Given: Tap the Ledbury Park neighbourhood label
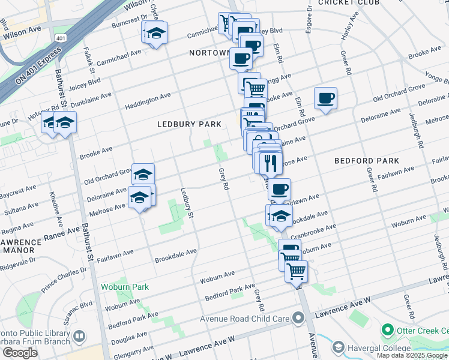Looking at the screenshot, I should [x=189, y=124].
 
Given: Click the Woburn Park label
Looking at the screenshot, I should [x=124, y=287].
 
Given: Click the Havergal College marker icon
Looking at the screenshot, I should [x=338, y=347].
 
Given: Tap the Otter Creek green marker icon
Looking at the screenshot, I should [x=387, y=330].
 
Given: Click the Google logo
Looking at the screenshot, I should [x=20, y=353].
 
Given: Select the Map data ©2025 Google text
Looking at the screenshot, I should [x=412, y=355].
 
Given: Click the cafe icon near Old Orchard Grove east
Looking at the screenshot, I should [x=325, y=97].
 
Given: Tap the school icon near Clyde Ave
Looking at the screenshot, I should [x=156, y=32].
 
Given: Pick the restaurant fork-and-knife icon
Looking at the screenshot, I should [x=270, y=161].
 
